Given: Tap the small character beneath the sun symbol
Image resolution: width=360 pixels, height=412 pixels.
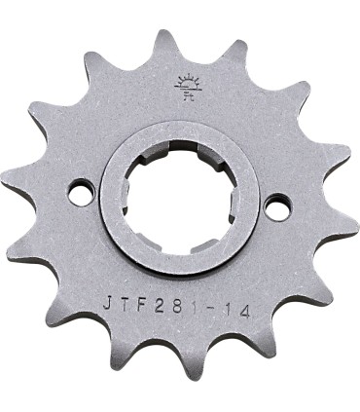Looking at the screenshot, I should pos(182,95).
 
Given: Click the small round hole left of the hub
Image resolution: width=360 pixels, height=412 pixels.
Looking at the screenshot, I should pos(78,195).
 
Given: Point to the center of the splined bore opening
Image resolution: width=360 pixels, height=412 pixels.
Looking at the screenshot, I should pos(178,198).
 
